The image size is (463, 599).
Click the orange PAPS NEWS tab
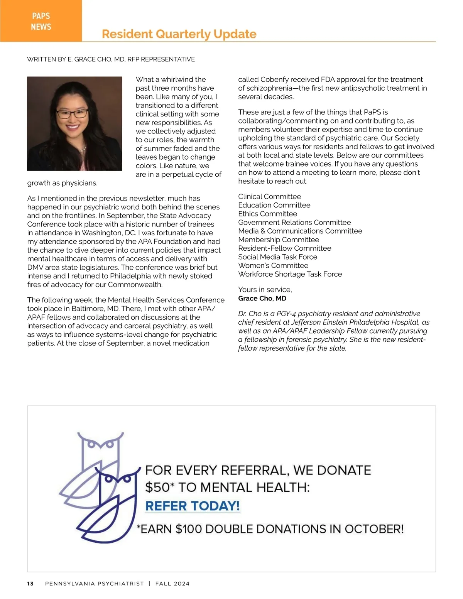(x=41, y=21)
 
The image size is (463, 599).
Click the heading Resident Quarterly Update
(x=179, y=34)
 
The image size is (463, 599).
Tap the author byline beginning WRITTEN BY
(x=111, y=59)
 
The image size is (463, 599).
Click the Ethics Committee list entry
(x=267, y=214)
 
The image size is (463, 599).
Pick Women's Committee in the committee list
(x=273, y=265)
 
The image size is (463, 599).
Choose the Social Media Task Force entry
(x=277, y=257)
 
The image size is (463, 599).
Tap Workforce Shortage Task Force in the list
(x=290, y=274)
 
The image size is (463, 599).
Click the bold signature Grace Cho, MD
(x=262, y=298)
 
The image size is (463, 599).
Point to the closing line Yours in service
(x=265, y=290)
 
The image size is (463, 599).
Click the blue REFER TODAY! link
(x=192, y=506)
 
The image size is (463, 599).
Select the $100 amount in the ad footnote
(x=189, y=529)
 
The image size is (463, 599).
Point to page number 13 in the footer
(x=30, y=584)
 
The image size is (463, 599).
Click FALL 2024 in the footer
(x=172, y=584)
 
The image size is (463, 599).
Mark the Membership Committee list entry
(x=279, y=240)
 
